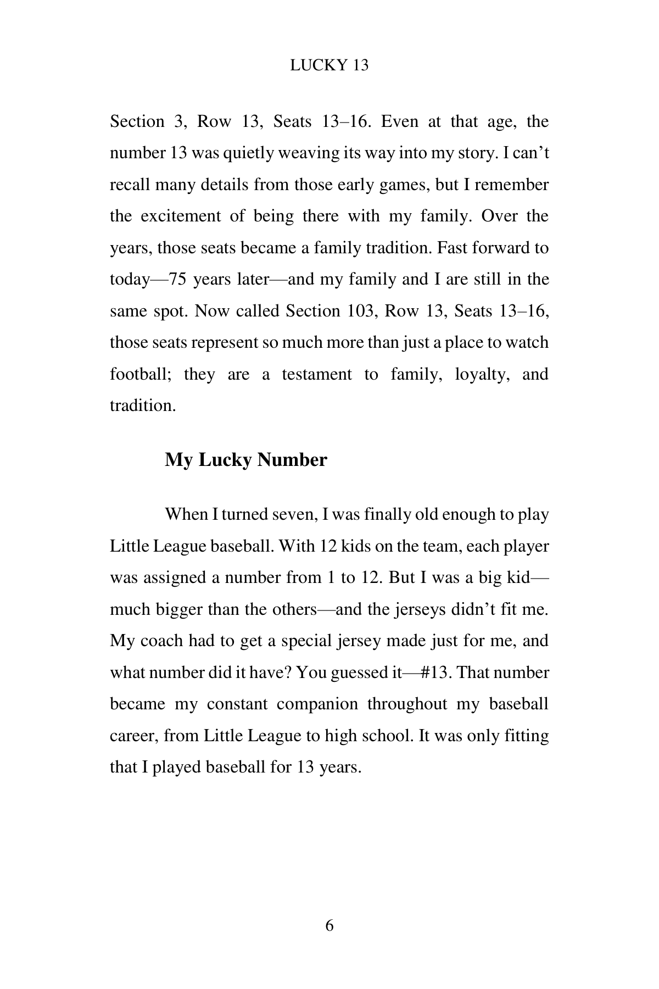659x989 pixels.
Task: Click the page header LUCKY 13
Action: click(x=329, y=65)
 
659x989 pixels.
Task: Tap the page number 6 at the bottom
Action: click(x=329, y=925)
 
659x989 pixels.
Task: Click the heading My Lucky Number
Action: click(x=245, y=460)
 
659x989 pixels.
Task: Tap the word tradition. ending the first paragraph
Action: click(x=143, y=406)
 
